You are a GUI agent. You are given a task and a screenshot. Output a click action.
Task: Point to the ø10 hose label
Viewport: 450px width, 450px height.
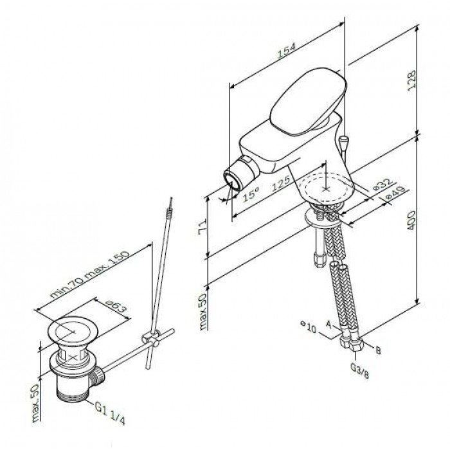point(309,328)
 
